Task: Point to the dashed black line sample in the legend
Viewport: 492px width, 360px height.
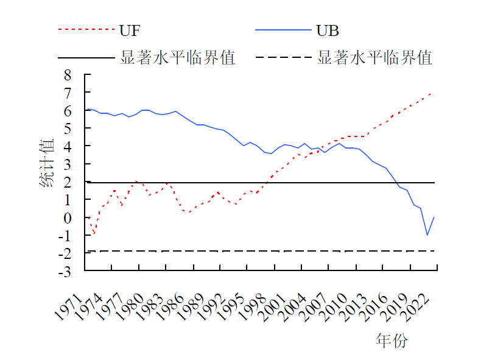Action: point(283,58)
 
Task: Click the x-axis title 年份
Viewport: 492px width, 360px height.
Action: point(392,341)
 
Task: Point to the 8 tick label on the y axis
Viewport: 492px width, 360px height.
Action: point(68,75)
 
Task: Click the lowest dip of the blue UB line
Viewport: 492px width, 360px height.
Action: point(427,235)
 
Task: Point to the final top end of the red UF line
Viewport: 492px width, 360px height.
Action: point(432,93)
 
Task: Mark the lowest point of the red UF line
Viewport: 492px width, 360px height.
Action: point(94,234)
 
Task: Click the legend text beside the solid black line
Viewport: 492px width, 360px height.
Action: point(178,58)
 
